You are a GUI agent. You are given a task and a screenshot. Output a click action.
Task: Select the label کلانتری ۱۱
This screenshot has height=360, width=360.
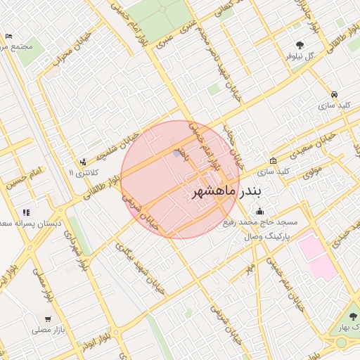point(84,172)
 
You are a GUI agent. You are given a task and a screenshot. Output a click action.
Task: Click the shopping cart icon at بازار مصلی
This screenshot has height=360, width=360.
point(48,318)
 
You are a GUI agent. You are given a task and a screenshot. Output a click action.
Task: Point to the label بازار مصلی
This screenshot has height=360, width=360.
point(47,328)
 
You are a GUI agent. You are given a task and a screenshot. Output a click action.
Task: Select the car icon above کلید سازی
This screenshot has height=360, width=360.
point(333,94)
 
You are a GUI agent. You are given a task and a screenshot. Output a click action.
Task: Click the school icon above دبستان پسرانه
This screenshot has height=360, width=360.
point(27,212)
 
